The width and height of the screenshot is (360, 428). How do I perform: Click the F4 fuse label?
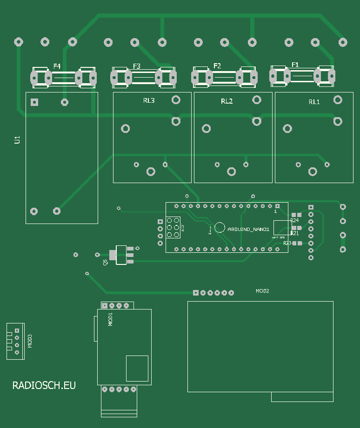click(x=57, y=66)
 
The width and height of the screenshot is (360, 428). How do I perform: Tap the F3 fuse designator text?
click(x=136, y=66)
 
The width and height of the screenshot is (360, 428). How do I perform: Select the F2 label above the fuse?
click(x=217, y=66)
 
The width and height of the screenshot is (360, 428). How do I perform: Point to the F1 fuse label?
click(x=295, y=64)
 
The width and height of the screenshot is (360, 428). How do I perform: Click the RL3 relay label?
click(x=149, y=100)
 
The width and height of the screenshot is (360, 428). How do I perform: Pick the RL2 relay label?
click(x=227, y=101)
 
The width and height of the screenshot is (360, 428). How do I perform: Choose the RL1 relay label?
click(x=314, y=102)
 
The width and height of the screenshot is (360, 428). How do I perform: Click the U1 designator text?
click(x=17, y=140)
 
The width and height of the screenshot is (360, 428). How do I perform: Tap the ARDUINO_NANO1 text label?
click(x=248, y=230)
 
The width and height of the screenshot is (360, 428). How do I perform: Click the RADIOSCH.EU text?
click(x=44, y=385)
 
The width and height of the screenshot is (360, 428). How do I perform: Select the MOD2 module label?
click(x=262, y=291)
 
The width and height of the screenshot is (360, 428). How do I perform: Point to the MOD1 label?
click(x=111, y=319)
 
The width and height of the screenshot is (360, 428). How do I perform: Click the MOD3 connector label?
click(x=30, y=341)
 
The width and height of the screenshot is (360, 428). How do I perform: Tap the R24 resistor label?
click(x=294, y=220)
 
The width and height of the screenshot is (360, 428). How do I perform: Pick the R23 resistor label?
click(x=287, y=243)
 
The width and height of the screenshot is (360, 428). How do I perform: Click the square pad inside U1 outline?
click(x=34, y=102)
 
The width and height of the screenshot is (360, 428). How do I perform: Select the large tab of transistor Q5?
click(x=113, y=255)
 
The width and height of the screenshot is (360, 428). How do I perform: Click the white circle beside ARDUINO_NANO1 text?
click(x=220, y=227)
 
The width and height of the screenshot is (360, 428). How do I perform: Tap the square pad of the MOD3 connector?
click(x=17, y=330)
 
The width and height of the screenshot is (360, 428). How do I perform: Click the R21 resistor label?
click(x=294, y=233)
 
